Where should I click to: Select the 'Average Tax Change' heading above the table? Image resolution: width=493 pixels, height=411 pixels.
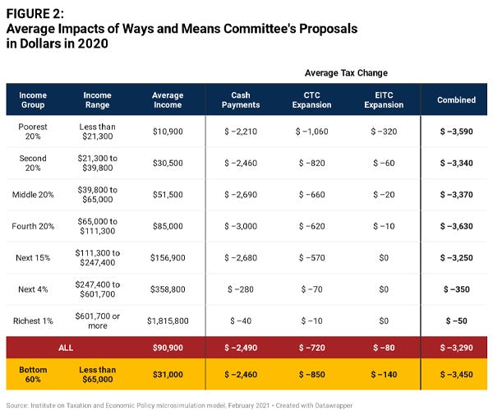pos(347,72)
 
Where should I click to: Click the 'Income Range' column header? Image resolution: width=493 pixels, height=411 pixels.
pos(98,99)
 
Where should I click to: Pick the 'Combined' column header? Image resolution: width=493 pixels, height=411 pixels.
pos(456,99)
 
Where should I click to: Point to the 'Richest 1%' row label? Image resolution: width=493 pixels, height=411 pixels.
pos(33,320)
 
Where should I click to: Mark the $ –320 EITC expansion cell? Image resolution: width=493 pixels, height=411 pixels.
pos(383,131)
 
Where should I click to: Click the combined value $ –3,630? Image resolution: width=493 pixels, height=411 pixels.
pos(456,225)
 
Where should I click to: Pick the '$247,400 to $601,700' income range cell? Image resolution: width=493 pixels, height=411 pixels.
pos(98,289)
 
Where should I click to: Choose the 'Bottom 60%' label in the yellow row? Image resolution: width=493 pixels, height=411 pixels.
pos(33,375)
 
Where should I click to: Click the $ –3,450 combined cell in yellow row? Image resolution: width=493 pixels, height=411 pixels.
pos(456,375)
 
